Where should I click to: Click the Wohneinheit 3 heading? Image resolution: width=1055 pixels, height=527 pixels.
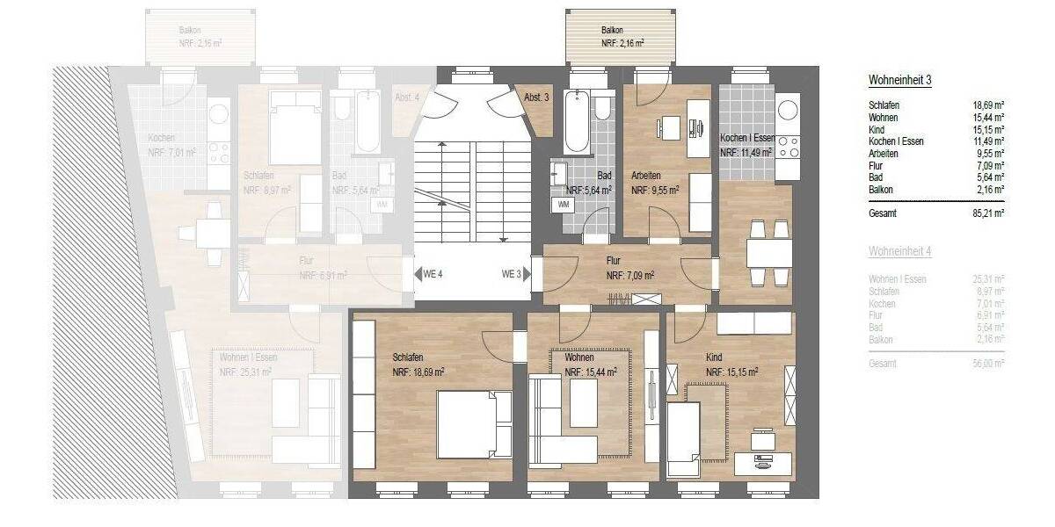coord(899,80)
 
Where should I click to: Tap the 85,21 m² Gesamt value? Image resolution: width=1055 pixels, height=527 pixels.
coord(989,213)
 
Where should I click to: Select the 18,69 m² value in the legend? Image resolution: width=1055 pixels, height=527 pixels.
coord(989,105)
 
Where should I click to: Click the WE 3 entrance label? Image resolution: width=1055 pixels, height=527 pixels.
coord(512,274)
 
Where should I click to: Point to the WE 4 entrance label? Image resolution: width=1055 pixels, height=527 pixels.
coord(433,274)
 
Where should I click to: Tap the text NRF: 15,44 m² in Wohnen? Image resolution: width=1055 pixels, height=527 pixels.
coord(590,372)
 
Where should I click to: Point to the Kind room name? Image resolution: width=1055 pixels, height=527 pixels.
coord(714,358)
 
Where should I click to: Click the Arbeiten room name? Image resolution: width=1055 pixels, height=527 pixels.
coord(645,176)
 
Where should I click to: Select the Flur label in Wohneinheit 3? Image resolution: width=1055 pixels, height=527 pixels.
coord(614,261)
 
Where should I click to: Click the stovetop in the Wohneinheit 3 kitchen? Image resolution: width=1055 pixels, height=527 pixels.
coord(787,146)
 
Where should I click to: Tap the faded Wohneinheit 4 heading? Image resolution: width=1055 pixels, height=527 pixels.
coord(899,251)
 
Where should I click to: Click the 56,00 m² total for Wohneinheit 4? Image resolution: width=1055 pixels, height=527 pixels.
coord(989,363)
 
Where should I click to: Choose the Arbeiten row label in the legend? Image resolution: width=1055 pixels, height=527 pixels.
coord(883,152)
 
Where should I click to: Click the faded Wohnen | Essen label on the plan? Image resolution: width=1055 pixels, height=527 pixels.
coord(249,357)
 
